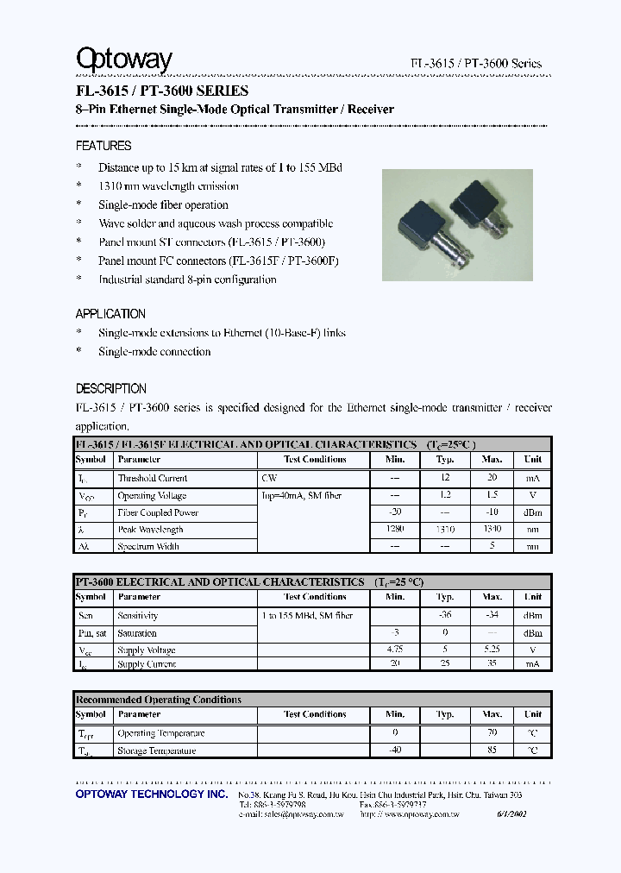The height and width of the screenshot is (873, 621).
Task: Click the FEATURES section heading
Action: tap(103, 146)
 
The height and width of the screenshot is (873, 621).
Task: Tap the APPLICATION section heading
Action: tap(110, 314)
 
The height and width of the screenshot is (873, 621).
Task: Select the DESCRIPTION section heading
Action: tap(111, 388)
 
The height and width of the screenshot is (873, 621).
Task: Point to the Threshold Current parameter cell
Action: tap(153, 478)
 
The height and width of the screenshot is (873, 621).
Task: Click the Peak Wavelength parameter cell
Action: tap(151, 530)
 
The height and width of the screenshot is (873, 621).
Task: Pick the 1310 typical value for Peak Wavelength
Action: tap(444, 529)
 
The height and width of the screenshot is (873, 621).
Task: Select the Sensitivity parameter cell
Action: tap(138, 616)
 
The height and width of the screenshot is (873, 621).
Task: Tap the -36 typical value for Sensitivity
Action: tap(444, 616)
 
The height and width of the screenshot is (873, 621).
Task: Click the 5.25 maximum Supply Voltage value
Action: tap(492, 650)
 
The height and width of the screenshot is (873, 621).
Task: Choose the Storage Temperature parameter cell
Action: tap(157, 751)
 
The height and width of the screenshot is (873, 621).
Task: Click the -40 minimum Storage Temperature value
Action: tap(395, 751)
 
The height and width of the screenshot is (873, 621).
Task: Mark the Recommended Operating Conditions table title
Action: tap(159, 700)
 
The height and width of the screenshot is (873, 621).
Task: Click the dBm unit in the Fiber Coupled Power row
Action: tap(533, 512)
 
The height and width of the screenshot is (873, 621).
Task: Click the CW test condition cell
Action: tap(268, 478)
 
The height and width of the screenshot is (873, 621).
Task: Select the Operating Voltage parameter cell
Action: tap(154, 496)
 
